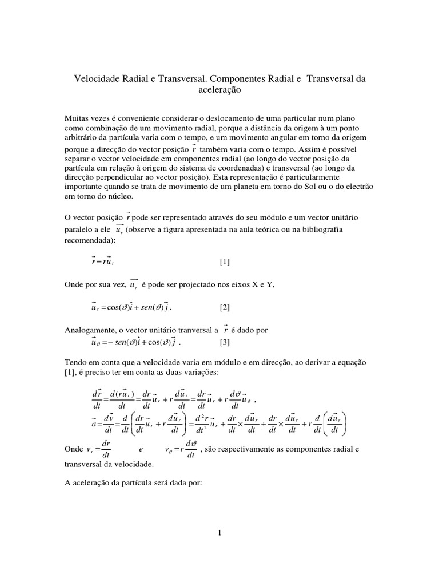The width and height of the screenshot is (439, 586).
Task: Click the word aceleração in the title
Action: pos(219,90)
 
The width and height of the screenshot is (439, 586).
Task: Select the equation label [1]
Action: pos(225,262)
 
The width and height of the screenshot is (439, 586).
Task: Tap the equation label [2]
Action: pos(225,307)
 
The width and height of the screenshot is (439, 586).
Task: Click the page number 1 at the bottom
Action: pos(219,533)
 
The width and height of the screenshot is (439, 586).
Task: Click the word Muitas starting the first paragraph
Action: pos(77,118)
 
